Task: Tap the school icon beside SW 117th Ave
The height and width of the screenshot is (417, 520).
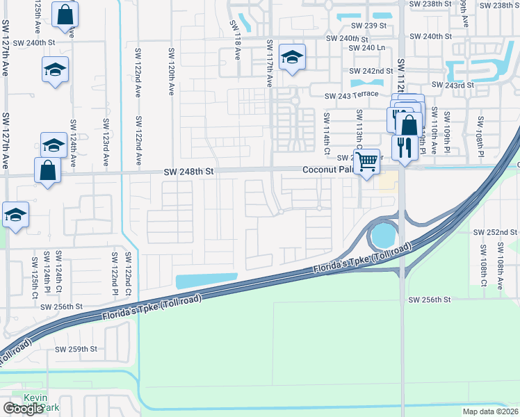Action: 292,57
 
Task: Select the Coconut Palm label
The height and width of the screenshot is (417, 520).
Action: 327,170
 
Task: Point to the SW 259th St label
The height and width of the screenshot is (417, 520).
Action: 77,349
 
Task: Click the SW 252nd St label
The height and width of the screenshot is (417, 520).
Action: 495,232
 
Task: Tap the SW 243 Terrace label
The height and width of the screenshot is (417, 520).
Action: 351,95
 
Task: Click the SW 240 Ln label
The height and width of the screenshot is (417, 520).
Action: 366,48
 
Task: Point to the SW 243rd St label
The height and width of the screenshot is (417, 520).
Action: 453,85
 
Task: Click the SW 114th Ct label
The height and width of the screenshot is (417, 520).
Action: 325,131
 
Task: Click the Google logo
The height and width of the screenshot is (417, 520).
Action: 23,409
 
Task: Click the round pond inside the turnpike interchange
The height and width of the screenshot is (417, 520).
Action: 382,236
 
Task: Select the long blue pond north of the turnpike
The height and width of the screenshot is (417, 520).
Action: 208,281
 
